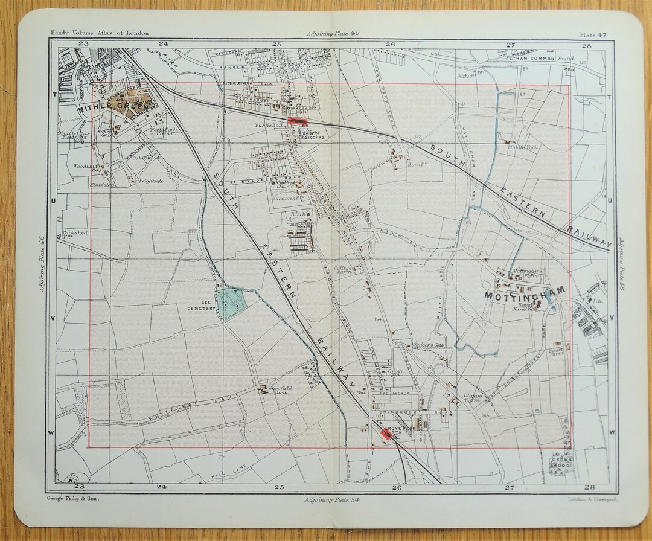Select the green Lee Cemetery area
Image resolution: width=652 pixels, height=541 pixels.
click(x=231, y=304)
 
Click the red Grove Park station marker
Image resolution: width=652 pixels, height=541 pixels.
click(x=386, y=433)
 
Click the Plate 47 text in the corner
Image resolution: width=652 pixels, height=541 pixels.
click(x=593, y=34)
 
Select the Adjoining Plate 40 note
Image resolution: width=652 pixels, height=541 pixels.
click(x=333, y=34)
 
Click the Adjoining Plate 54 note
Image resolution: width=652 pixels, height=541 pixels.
click(x=333, y=500)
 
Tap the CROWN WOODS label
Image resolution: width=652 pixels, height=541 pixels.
click(x=561, y=464)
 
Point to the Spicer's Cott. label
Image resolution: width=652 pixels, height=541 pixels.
click(x=429, y=345)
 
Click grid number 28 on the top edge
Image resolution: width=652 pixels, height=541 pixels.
click(x=586, y=44)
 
